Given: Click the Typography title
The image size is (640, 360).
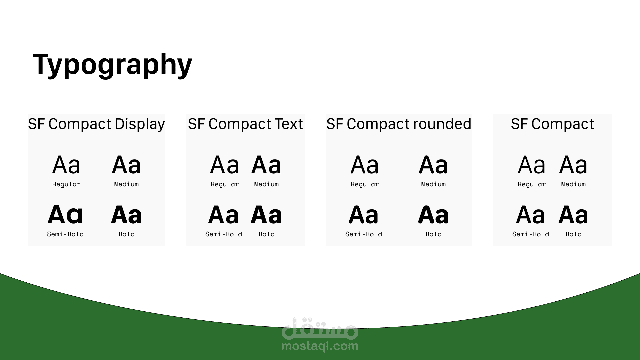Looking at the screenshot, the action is (x=112, y=65).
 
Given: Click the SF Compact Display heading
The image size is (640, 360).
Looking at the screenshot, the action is (x=96, y=124).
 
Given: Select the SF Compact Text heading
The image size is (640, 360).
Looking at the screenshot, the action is (x=245, y=124).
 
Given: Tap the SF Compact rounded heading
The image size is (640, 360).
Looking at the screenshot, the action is (x=399, y=124).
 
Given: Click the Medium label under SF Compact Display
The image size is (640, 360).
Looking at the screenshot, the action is (x=126, y=184).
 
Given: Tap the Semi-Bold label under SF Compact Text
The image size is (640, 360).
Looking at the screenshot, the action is (x=224, y=234).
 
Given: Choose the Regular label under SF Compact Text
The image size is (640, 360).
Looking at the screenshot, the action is (x=225, y=184).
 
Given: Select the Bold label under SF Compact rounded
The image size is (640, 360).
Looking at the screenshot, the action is (x=433, y=234).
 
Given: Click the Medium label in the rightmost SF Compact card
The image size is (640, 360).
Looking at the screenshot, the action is (x=573, y=184).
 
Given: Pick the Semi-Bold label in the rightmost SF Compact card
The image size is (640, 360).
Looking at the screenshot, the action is (x=531, y=234).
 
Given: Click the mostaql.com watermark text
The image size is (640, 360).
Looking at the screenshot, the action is (x=320, y=346).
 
